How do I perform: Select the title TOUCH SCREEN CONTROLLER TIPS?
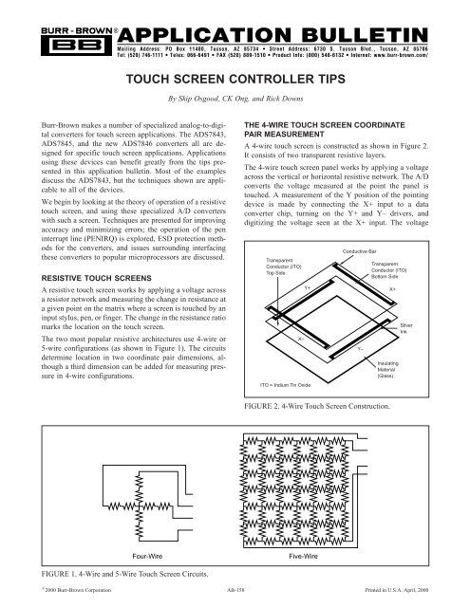pyautogui.click(x=235, y=82)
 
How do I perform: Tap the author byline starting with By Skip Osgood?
pyautogui.click(x=235, y=99)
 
